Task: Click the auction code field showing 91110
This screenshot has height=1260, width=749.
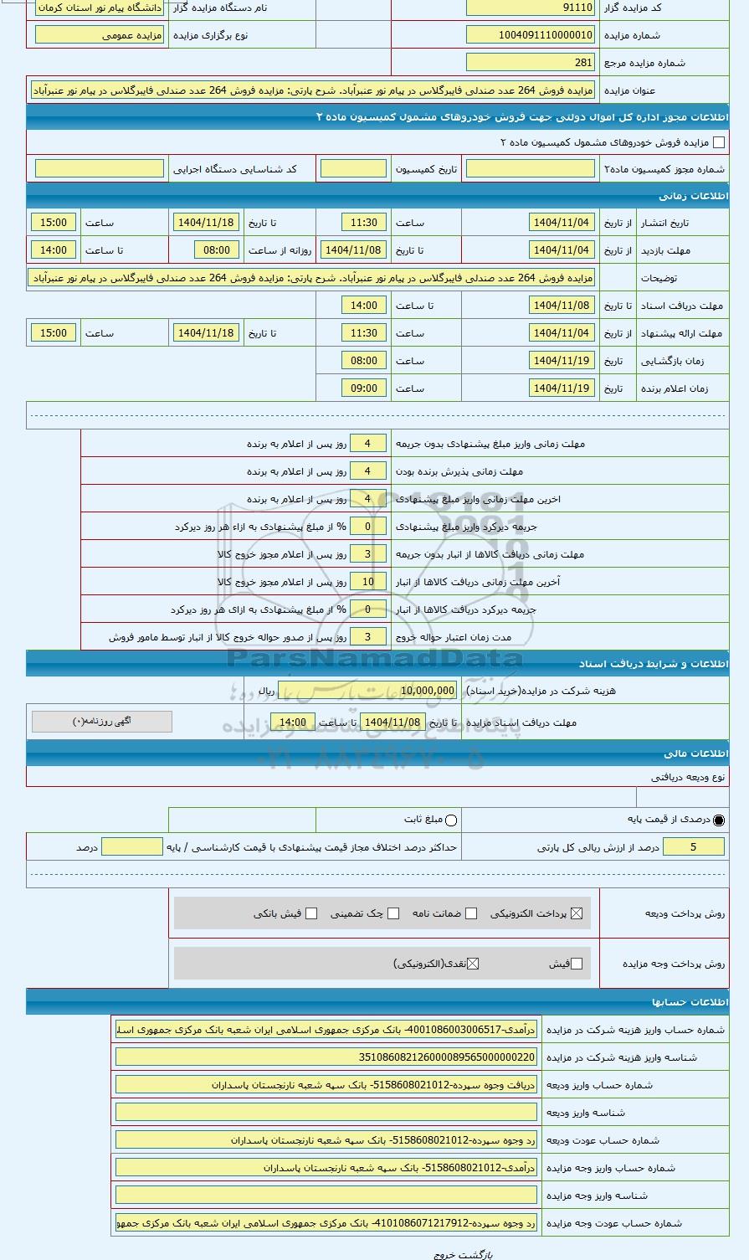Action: [x=531, y=8]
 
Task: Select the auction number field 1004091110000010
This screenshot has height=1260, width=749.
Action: [x=531, y=35]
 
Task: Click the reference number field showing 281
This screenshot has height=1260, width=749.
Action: [x=531, y=63]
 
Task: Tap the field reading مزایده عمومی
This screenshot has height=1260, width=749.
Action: [x=100, y=35]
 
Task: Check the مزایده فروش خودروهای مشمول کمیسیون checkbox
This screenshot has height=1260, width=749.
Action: [x=718, y=143]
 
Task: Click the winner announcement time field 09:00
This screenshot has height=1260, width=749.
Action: [x=364, y=388]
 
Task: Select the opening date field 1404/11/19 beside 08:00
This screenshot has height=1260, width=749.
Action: [x=562, y=361]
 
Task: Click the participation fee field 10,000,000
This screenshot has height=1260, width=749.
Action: [x=416, y=691]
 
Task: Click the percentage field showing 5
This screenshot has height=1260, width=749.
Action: [x=694, y=847]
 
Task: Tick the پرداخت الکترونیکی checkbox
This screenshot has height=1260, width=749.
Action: [x=576, y=913]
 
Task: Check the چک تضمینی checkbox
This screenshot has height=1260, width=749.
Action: [x=393, y=913]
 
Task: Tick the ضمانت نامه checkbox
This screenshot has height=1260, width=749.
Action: [x=471, y=913]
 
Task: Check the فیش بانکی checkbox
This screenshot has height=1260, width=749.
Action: [x=311, y=913]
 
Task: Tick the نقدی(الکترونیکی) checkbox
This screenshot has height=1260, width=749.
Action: [x=473, y=964]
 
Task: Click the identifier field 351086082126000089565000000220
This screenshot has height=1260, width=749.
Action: [x=326, y=1057]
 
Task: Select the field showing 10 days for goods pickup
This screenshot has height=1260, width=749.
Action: [x=368, y=582]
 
